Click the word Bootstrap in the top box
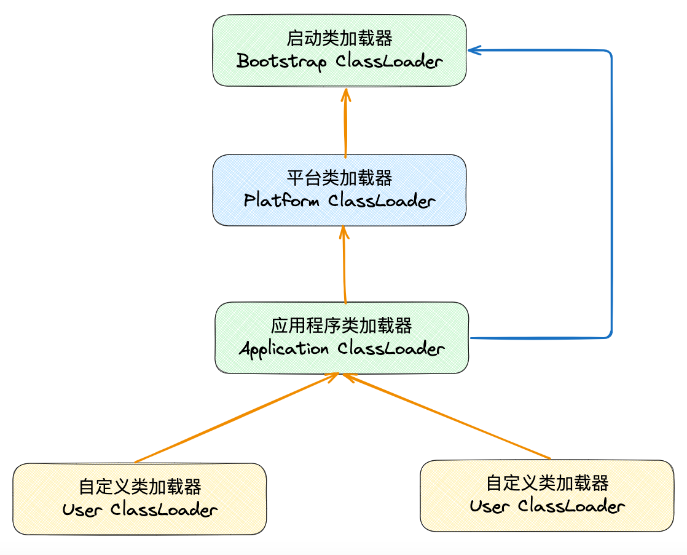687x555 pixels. [281, 62]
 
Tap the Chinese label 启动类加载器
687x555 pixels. [339, 39]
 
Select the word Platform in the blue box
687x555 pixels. [281, 201]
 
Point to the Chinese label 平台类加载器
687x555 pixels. [339, 178]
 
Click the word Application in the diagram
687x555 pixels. [284, 349]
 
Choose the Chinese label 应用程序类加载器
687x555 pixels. [342, 325]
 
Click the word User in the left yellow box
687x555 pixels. [82, 510]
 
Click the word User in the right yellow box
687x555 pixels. [490, 506]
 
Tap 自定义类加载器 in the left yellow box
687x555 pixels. [140, 487]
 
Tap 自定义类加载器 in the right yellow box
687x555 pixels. [548, 483]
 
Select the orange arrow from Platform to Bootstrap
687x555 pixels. [345, 123]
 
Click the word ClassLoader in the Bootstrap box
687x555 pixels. [389, 62]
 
